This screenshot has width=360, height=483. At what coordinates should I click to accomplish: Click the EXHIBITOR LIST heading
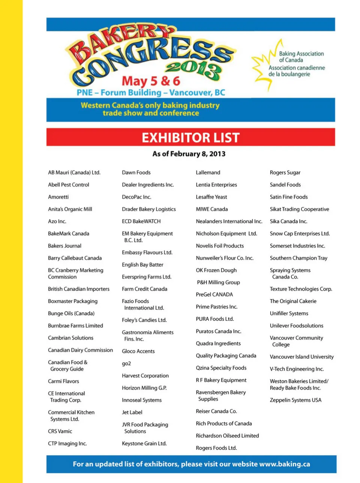(x=190, y=137)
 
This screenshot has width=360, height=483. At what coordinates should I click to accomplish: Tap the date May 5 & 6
(x=151, y=81)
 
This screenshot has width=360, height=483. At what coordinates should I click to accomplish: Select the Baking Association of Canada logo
(x=289, y=64)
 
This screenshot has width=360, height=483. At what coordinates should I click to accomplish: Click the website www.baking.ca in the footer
(x=285, y=464)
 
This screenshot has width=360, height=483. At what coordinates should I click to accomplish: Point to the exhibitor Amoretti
(x=58, y=197)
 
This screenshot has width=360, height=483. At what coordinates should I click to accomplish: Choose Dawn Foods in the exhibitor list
(x=136, y=173)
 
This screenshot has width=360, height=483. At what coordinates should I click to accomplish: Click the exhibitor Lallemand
(x=208, y=173)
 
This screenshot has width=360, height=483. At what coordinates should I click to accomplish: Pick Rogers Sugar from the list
(x=285, y=173)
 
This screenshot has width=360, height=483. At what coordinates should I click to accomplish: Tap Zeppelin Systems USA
(x=295, y=400)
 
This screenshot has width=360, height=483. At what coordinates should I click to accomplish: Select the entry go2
(x=126, y=364)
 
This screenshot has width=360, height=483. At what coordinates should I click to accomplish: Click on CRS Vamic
(x=60, y=431)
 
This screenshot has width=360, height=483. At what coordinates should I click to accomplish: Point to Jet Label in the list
(x=132, y=412)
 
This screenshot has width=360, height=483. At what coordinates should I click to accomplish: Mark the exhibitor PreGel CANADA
(x=214, y=295)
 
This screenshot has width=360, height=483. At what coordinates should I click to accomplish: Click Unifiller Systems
(x=289, y=313)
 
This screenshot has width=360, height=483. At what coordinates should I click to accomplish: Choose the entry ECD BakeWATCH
(x=141, y=221)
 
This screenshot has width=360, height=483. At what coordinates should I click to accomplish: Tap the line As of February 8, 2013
(x=189, y=154)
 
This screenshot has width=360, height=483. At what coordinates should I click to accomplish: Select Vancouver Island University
(x=301, y=357)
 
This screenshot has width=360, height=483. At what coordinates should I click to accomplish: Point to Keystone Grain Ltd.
(x=144, y=444)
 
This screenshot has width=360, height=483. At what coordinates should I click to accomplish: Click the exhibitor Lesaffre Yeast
(x=211, y=197)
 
